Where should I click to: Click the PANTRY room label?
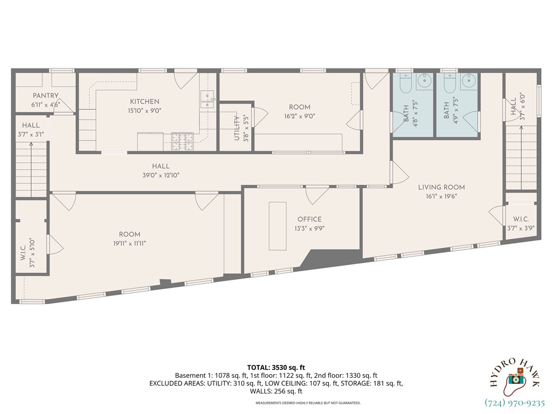(x=45, y=95)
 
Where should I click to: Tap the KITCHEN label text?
(x=144, y=101)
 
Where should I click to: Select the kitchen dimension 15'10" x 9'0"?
(x=144, y=111)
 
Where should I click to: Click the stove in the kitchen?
(x=180, y=141)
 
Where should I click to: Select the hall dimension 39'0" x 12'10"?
(x=161, y=175)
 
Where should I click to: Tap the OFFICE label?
(x=309, y=219)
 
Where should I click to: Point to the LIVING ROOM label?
(x=441, y=187)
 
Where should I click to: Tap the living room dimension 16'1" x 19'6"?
(x=441, y=197)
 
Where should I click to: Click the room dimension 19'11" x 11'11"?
(x=130, y=243)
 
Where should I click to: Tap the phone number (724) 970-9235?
(x=515, y=403)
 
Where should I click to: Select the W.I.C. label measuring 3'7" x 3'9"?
(x=521, y=219)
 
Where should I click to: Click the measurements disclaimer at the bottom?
(x=308, y=403)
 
